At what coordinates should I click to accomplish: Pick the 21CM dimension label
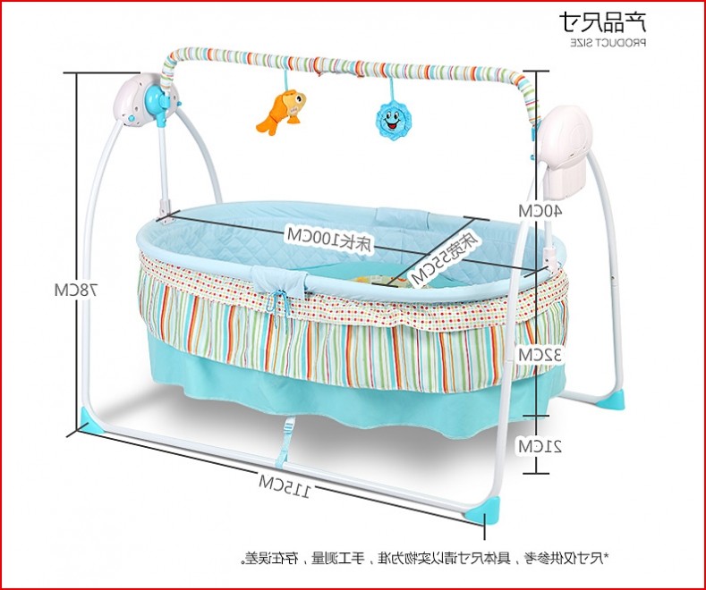pos(540,445)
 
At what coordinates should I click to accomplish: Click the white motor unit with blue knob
pos(146,100)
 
